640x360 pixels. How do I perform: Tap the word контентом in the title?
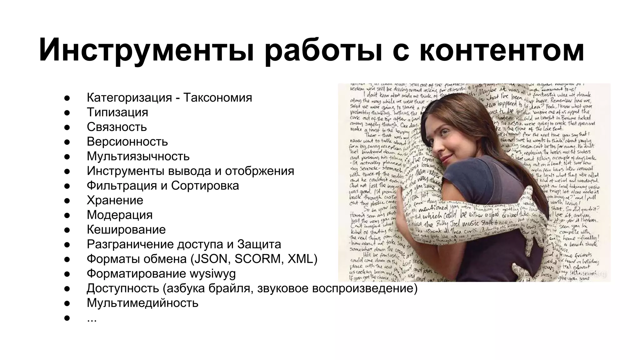click(501, 50)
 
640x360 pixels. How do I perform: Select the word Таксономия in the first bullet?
click(217, 97)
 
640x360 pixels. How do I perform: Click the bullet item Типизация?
click(117, 112)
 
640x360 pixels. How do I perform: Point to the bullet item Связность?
click(117, 127)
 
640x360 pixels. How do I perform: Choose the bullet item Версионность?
click(127, 142)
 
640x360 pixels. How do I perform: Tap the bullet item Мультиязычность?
click(138, 156)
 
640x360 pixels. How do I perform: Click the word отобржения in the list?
click(259, 171)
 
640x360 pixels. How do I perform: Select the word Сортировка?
click(205, 186)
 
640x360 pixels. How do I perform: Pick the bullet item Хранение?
click(115, 200)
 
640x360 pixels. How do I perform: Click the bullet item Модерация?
click(120, 215)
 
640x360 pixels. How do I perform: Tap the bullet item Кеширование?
click(126, 230)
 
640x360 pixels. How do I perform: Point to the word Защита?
click(259, 244)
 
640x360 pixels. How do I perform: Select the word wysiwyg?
click(212, 274)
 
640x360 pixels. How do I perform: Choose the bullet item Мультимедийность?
click(142, 303)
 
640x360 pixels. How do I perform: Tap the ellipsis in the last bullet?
click(92, 319)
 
